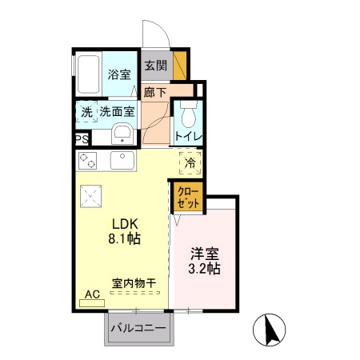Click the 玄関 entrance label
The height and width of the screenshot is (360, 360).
(x=155, y=65)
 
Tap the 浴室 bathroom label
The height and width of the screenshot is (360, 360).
(x=120, y=75)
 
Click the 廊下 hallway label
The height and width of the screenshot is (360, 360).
(x=155, y=93)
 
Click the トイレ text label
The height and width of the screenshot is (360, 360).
(x=189, y=136)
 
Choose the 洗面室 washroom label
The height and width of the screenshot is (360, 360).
(x=118, y=111)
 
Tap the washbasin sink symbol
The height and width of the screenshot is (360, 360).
(x=122, y=133)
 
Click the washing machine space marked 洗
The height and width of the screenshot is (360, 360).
(x=86, y=112)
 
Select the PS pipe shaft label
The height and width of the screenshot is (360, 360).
(x=82, y=138)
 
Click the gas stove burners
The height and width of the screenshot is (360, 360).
(x=88, y=160)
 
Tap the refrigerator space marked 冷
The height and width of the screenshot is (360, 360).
(x=190, y=163)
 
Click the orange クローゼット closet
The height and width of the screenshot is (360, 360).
(x=188, y=196)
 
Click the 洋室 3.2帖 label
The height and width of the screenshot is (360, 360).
(x=206, y=262)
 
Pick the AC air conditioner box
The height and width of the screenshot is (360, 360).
(x=92, y=294)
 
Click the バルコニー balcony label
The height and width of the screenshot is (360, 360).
(x=138, y=328)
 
